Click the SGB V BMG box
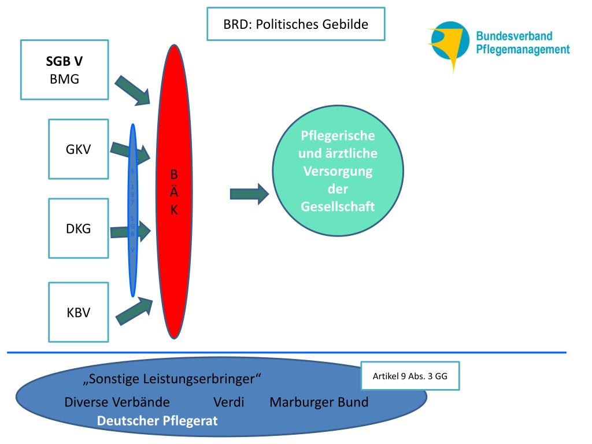point(64,69)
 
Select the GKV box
point(78,149)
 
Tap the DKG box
point(78,228)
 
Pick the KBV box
point(78,313)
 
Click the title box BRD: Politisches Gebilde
point(295,24)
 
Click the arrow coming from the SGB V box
point(132,90)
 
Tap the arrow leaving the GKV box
point(130,151)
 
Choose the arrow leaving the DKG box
point(130,232)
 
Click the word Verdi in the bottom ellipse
point(228,402)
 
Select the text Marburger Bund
point(319,402)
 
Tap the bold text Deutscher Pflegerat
point(157,421)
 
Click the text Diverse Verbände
point(117,402)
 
